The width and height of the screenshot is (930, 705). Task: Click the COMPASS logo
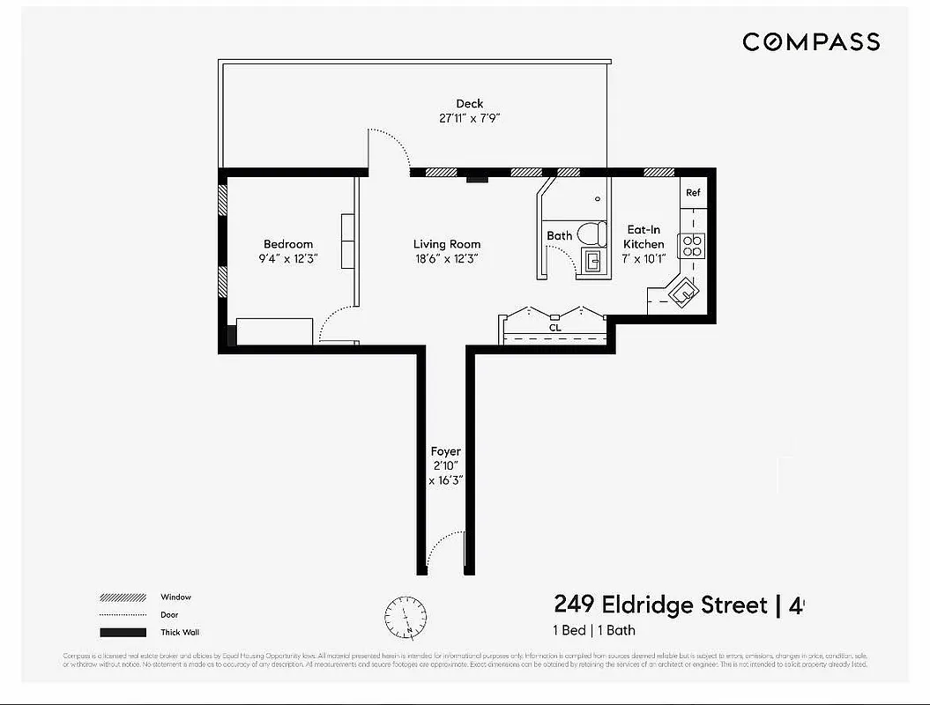[810, 41]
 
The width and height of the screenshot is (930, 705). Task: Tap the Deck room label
[469, 104]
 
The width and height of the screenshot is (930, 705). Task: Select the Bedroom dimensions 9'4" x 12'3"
[287, 259]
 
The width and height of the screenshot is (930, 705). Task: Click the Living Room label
[447, 244]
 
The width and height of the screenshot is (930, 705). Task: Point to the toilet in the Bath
[591, 234]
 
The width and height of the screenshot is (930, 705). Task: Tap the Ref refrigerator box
[693, 193]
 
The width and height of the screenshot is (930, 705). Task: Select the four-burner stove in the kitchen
[692, 245]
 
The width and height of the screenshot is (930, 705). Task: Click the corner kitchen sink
[681, 292]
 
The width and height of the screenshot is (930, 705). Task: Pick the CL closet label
[555, 328]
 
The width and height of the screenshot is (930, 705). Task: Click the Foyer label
[445, 451]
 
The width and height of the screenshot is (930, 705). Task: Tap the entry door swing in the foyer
[445, 549]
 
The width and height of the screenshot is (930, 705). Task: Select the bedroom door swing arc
[336, 323]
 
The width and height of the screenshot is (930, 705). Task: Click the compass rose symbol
[405, 617]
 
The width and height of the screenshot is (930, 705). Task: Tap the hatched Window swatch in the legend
[123, 597]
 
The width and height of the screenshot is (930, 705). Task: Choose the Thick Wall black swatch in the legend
[123, 632]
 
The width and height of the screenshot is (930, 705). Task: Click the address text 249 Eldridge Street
[660, 605]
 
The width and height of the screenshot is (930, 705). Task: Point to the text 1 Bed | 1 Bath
[593, 630]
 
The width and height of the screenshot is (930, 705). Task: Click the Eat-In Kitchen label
[644, 237]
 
